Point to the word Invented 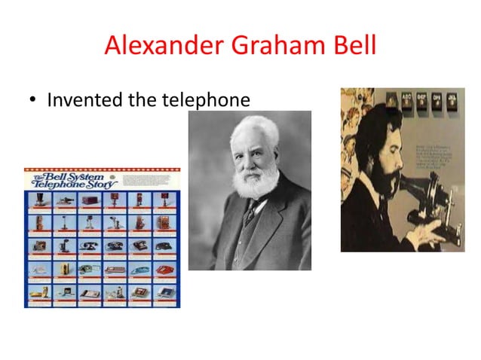pos(81,101)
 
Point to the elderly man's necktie pos(250,215)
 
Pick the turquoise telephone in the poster pos(141,269)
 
